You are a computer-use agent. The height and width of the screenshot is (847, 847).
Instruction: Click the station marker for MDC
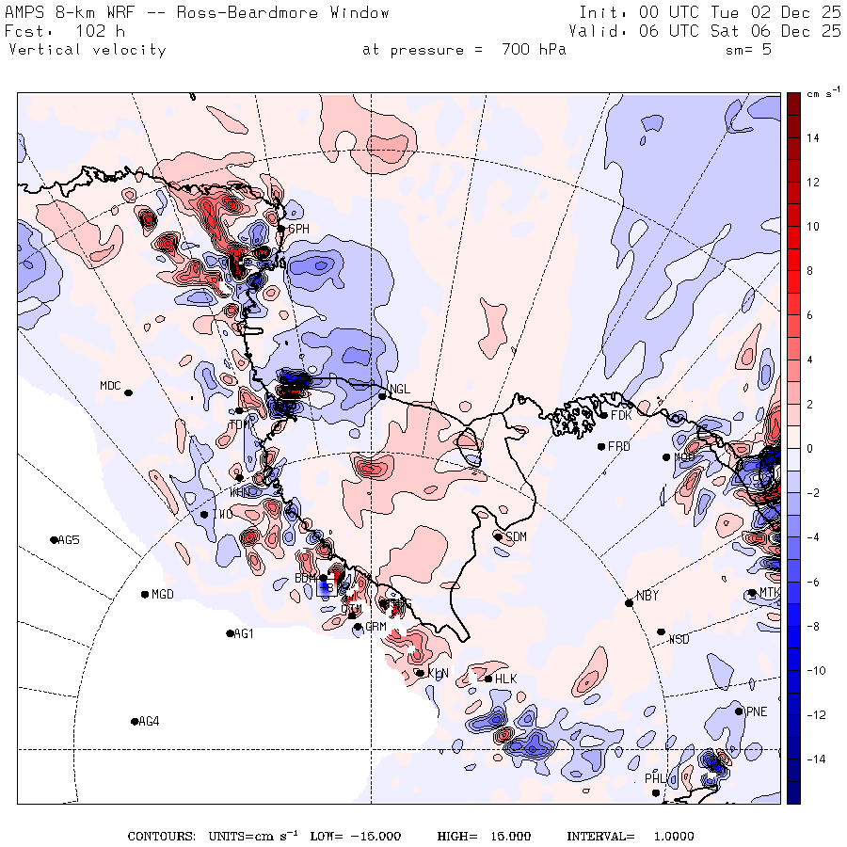pyautogui.click(x=128, y=392)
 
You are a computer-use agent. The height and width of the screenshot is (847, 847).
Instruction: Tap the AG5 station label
pyautogui.click(x=69, y=540)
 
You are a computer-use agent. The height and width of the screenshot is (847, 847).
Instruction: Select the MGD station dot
pyautogui.click(x=145, y=594)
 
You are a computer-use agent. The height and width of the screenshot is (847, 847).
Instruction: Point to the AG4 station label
pyautogui.click(x=149, y=722)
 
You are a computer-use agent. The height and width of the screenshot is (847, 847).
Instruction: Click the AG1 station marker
pyautogui.click(x=231, y=633)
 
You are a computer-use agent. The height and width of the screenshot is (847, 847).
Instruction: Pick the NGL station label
pyautogui.click(x=400, y=389)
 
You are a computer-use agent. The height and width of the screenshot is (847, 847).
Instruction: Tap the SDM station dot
pyautogui.click(x=498, y=536)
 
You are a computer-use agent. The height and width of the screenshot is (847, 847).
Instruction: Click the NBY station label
pyautogui.click(x=647, y=596)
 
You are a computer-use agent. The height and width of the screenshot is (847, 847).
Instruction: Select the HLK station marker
pyautogui.click(x=488, y=679)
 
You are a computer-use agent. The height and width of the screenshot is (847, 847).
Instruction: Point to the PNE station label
pyautogui.click(x=757, y=711)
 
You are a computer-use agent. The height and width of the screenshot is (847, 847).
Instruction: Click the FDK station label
pyautogui.click(x=620, y=415)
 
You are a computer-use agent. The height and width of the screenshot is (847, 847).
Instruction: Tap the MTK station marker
pyautogui.click(x=751, y=593)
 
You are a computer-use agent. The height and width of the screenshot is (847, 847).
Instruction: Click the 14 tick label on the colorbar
pyautogui.click(x=810, y=138)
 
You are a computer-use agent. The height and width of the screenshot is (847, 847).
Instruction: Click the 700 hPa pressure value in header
pyautogui.click(x=534, y=50)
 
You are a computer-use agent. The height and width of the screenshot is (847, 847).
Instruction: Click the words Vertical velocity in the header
pyautogui.click(x=88, y=50)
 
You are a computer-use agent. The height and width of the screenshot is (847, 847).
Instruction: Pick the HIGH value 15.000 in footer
pyautogui.click(x=509, y=836)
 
